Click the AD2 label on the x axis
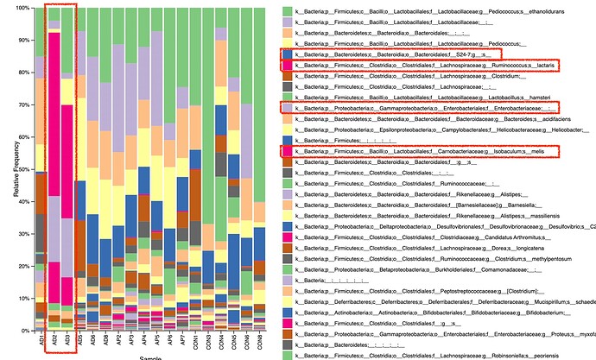[54, 340]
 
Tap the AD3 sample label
[67, 340]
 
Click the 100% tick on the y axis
[23, 9]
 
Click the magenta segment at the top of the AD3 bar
[67, 52]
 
